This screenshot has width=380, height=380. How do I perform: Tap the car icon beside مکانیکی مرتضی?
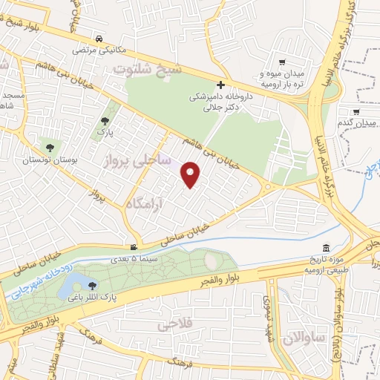tap(98, 39)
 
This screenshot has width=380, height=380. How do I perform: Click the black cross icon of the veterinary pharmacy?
tap(220, 85)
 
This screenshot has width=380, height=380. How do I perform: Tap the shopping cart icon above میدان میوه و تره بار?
tap(281, 62)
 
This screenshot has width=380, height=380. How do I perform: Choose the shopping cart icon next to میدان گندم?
tap(357, 112)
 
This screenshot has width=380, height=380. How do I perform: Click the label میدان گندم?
tap(354, 122)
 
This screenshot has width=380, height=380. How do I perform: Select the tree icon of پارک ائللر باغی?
tap(92, 286)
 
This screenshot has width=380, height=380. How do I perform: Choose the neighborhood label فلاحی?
tap(175, 324)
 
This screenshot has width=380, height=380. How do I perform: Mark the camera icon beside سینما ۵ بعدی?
tap(134, 248)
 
